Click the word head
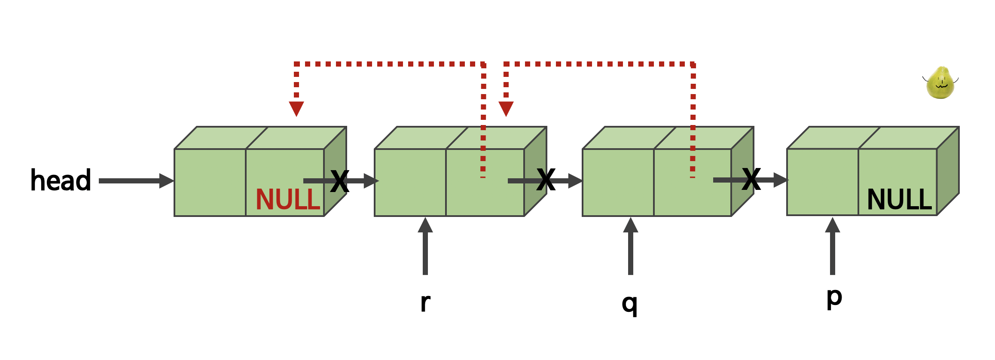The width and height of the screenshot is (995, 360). pos(61,180)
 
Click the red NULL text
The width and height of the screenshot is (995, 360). pos(288,200)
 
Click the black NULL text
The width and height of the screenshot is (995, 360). pos(899,200)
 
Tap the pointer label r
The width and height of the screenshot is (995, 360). pos(425,303)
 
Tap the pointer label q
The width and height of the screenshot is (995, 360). pos(629,304)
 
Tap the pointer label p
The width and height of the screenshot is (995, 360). pos(834,297)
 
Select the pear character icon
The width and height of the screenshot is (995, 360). pos(940,83)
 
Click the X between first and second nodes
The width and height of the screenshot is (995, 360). pos(339,181)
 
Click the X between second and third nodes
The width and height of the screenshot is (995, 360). pos(546,180)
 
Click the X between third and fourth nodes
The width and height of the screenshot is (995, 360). pos(751,180)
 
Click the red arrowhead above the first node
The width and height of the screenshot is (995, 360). pos(296,108)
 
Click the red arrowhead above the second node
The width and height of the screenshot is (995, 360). pos(506,108)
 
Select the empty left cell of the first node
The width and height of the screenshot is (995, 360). pos(210,183)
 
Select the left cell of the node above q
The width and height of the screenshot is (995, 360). pos(618,183)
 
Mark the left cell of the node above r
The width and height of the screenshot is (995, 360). pos(410,183)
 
